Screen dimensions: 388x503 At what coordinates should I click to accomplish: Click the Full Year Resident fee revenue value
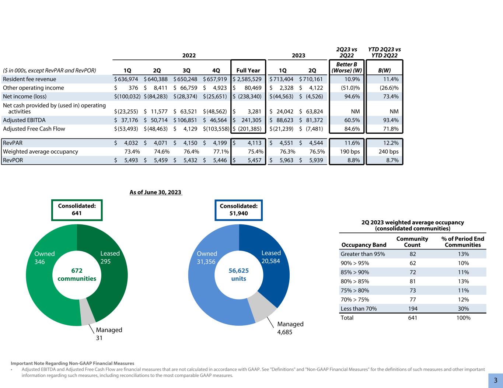tap(248, 79)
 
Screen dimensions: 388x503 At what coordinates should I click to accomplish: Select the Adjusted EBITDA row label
tap(24, 120)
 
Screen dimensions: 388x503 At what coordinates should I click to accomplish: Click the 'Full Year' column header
tap(248, 70)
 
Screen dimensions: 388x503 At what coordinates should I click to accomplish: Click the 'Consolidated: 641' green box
tap(77, 210)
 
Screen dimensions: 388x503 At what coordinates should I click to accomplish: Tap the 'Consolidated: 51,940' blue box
tap(239, 210)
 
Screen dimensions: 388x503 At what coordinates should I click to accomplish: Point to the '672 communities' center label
tap(77, 275)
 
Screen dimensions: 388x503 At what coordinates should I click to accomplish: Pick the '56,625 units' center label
tap(239, 275)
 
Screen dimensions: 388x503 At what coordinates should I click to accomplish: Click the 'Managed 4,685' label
tap(290, 328)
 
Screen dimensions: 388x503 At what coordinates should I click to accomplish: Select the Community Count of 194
tap(412, 309)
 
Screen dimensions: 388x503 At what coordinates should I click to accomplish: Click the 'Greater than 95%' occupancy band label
tap(363, 254)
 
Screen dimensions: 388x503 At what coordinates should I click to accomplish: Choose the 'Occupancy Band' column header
tap(364, 245)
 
